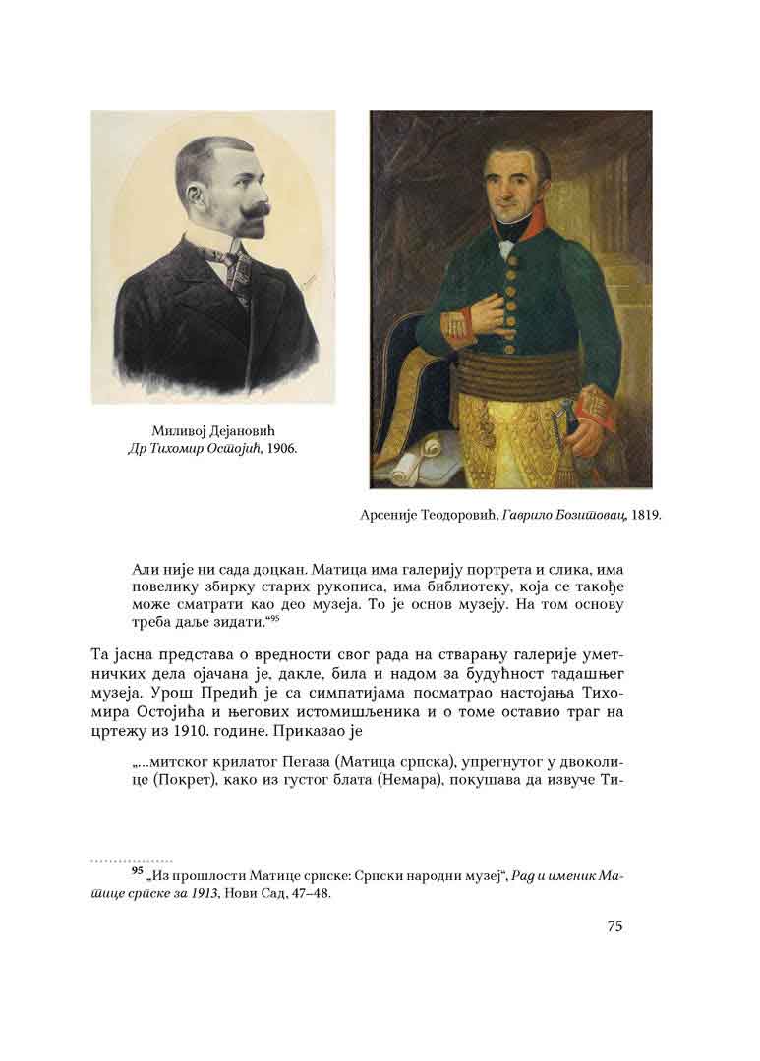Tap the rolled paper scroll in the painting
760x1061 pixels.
412,461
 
